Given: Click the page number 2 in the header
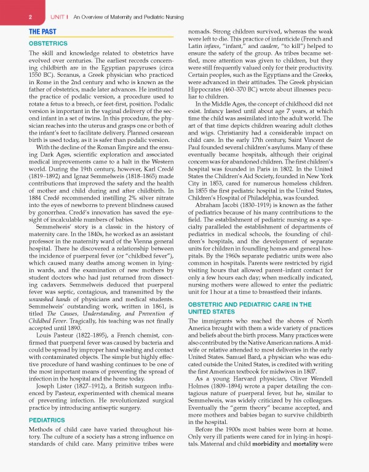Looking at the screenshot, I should pyautogui.click(x=13, y=17).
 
